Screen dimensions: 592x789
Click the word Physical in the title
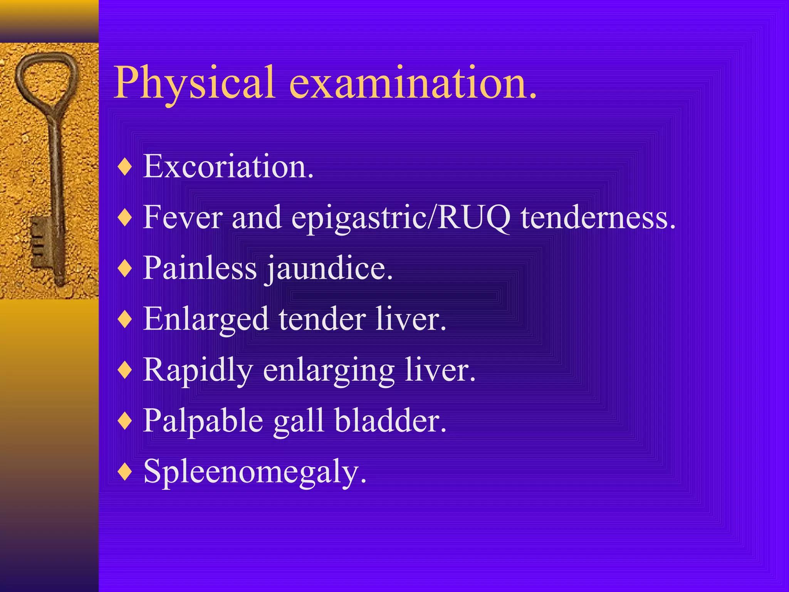coord(195,82)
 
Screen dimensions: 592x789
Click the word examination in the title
coord(412,82)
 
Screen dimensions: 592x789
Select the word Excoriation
coord(228,167)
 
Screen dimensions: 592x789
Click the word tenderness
coord(598,217)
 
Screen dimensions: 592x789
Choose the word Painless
coord(200,268)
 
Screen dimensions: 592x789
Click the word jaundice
coord(330,269)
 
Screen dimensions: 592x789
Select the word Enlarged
coord(206,320)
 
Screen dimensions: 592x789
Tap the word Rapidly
coord(198,370)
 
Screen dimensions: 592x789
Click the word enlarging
coord(329,371)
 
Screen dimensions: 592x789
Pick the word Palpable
coord(203,421)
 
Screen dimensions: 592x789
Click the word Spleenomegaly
coord(255,472)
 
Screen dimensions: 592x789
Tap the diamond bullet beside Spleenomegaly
coord(125,472)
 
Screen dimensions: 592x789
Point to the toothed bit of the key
coord(40,241)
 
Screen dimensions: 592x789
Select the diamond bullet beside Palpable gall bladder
coord(125,421)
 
